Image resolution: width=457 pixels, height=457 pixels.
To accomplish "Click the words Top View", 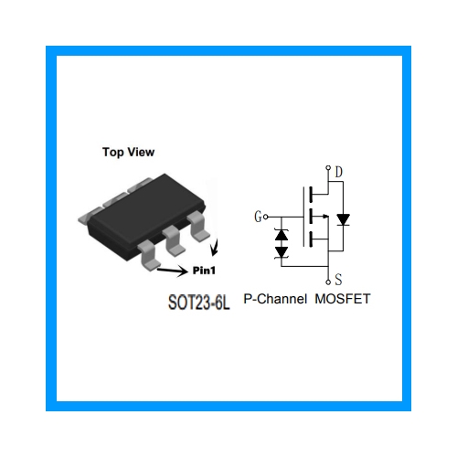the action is tap(128, 152).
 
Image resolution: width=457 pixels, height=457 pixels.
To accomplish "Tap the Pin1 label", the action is tap(204, 271).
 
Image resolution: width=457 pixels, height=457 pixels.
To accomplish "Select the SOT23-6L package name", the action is tap(199, 303).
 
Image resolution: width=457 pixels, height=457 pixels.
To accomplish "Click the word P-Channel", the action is tap(275, 299).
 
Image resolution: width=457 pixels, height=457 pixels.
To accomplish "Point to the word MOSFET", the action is tap(343, 299).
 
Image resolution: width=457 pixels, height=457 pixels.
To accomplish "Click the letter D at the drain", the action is tap(339, 172).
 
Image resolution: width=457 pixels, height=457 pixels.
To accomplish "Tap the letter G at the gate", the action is tap(258, 217).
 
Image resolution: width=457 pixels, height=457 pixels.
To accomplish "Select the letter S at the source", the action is tap(338, 280).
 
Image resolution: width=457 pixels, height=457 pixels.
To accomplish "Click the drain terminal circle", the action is tap(328, 167).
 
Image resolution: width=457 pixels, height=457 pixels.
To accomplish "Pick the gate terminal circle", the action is tap(266, 217).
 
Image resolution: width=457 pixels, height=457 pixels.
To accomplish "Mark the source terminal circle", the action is tap(328, 282).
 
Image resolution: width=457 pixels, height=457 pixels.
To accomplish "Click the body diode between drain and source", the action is tap(343, 219).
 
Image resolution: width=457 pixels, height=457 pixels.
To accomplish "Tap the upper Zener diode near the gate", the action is tap(282, 235).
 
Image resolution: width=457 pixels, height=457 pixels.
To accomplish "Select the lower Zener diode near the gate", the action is tap(282, 252).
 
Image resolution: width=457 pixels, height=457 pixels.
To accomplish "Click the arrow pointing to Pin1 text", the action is tap(173, 270).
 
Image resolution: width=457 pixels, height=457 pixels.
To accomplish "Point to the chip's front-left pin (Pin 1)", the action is tap(149, 255).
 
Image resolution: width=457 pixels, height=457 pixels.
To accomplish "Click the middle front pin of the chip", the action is tap(174, 240).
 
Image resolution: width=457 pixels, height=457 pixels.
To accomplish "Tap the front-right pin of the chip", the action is tap(198, 227).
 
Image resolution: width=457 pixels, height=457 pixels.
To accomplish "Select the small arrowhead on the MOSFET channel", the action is tap(326, 217).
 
